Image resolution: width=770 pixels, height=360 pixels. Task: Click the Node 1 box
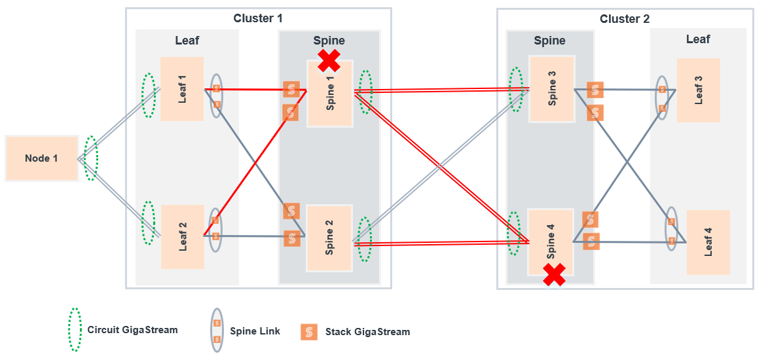click(x=42, y=158)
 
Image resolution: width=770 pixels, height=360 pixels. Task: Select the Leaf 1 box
click(x=182, y=88)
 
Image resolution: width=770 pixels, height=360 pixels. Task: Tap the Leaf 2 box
click(x=183, y=237)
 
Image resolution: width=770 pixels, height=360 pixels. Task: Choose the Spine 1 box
click(x=330, y=94)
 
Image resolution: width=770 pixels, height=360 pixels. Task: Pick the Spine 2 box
click(x=329, y=238)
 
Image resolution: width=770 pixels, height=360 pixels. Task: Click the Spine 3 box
click(x=552, y=88)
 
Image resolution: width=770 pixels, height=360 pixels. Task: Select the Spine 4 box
click(x=551, y=242)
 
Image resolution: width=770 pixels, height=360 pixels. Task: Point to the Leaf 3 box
click(x=699, y=90)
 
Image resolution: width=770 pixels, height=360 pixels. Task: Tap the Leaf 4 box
click(x=708, y=242)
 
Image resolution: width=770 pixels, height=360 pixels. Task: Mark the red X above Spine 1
click(x=329, y=60)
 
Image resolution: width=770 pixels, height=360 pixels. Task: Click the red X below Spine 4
click(x=555, y=275)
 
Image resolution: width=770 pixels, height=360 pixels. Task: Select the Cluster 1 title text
click(x=258, y=18)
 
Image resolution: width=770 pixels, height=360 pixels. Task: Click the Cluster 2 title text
click(x=625, y=19)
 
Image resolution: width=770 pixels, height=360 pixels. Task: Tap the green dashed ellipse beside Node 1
click(x=91, y=158)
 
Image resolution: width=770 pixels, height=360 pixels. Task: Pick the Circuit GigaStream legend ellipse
click(x=75, y=330)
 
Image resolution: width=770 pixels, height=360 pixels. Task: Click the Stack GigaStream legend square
click(x=309, y=332)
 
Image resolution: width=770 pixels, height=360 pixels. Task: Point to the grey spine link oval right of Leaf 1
click(x=216, y=96)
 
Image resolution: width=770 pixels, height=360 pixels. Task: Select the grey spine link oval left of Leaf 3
click(x=663, y=98)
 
